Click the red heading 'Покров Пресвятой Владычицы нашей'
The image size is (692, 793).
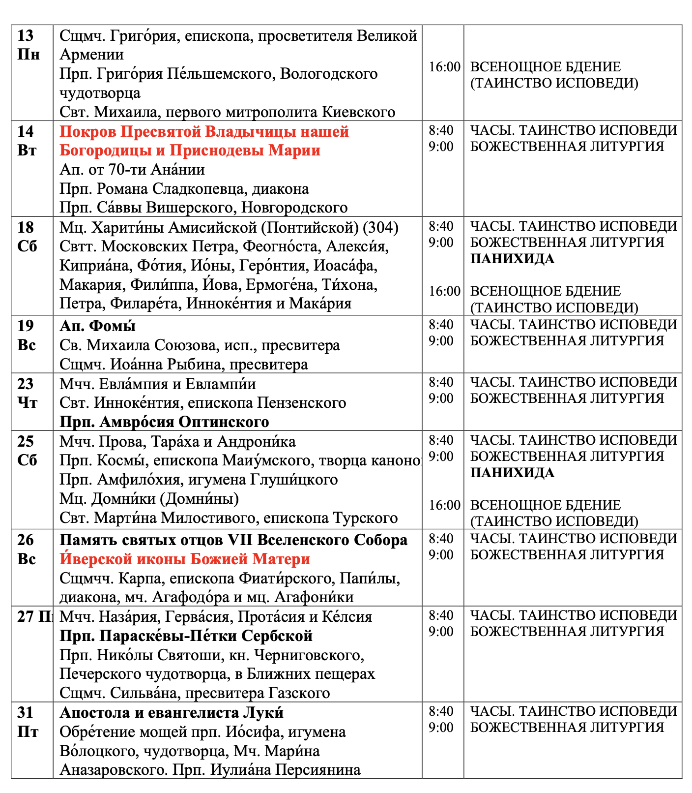(x=204, y=132)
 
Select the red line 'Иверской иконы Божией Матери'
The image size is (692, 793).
(x=185, y=559)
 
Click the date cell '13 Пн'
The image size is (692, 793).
(x=29, y=45)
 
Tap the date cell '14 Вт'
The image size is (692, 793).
(x=27, y=141)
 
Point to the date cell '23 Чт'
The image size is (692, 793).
(x=27, y=393)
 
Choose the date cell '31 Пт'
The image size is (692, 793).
(x=28, y=722)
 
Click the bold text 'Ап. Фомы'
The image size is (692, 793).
(x=97, y=326)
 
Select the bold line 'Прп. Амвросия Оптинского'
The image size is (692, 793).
(x=164, y=422)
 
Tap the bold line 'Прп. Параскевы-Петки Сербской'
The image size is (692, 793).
(x=186, y=636)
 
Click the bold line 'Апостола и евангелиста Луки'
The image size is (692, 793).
(x=172, y=713)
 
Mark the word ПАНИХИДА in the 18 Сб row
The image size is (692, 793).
(x=512, y=259)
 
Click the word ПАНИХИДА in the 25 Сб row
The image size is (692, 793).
(x=512, y=473)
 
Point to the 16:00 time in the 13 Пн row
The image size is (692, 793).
(x=444, y=67)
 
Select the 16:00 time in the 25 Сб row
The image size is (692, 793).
(x=444, y=505)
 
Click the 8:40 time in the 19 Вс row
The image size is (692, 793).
(x=441, y=325)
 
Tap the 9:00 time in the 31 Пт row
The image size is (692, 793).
(x=441, y=728)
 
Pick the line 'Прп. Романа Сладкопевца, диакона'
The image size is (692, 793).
(x=184, y=189)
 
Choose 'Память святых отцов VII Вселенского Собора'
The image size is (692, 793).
(x=233, y=540)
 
